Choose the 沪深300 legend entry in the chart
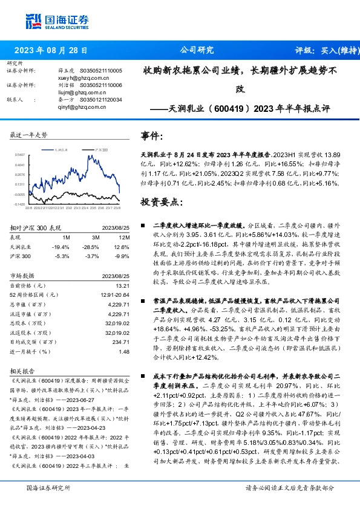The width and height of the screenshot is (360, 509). click(100, 148)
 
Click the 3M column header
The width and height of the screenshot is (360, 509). click(96, 238)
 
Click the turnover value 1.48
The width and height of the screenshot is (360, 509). click(125, 351)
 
